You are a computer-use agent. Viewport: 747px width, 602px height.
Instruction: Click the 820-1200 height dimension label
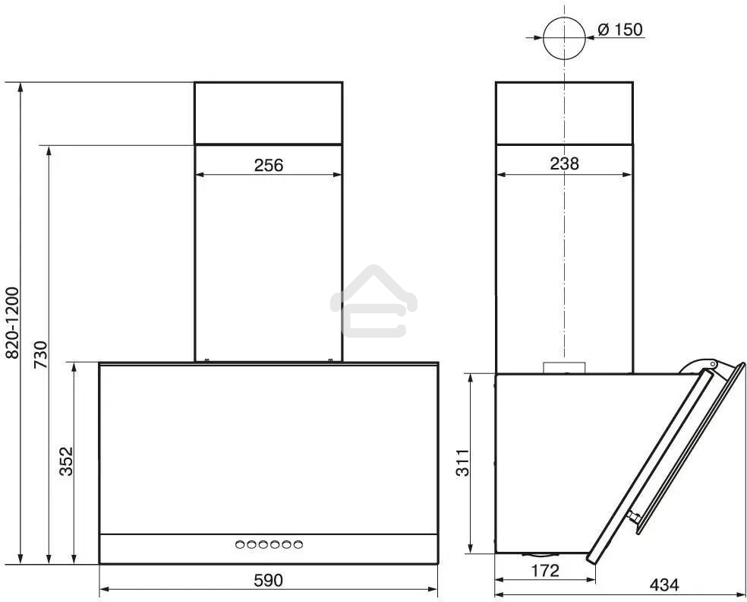pos(12,322)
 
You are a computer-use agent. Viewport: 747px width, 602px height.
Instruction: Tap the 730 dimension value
pos(41,354)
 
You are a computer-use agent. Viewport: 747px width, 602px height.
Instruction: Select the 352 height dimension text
pos(66,461)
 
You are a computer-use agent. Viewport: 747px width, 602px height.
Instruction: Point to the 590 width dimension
pos(268,580)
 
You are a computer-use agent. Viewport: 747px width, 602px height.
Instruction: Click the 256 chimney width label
pos(269,166)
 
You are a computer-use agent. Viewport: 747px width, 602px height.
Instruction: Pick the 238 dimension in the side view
pos(565,163)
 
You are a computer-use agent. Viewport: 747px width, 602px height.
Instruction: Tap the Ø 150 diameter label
pos(620,30)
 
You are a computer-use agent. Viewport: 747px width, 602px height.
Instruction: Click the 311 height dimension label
pos(462,462)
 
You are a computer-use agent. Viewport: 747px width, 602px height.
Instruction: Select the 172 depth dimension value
pos(545,570)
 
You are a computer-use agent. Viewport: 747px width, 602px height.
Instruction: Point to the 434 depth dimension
pos(664,585)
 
